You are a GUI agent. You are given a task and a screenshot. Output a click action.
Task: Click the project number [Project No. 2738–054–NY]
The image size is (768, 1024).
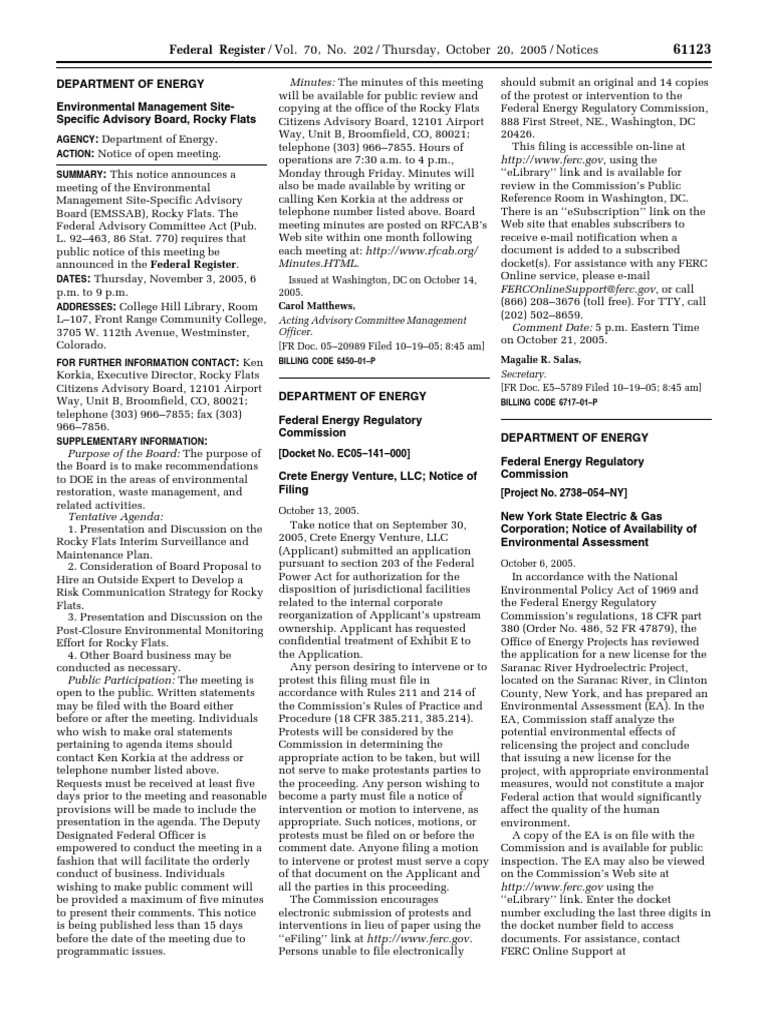tap(563, 494)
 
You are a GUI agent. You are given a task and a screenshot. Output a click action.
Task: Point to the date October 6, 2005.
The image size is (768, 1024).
tap(536, 563)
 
